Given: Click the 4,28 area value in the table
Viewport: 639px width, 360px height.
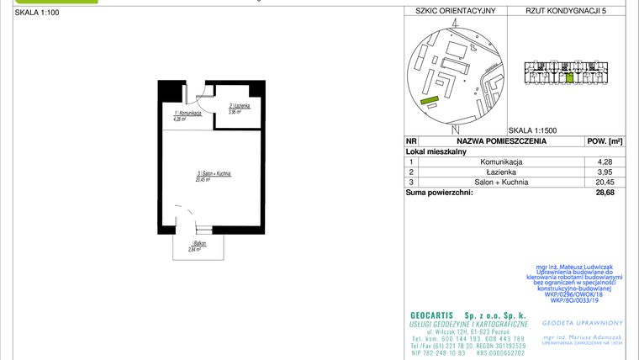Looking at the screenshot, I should pyautogui.click(x=605, y=161).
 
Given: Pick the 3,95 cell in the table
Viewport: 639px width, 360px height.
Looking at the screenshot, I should pyautogui.click(x=605, y=172).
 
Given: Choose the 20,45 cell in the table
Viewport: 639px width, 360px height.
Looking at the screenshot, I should pyautogui.click(x=605, y=182).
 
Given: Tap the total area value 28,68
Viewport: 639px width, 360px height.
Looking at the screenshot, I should pyautogui.click(x=605, y=193).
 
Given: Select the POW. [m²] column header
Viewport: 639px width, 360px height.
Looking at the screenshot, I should pyautogui.click(x=604, y=141).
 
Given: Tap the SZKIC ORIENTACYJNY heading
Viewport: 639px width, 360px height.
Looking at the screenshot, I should pyautogui.click(x=451, y=11).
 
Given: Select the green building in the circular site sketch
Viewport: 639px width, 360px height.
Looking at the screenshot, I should pyautogui.click(x=430, y=101).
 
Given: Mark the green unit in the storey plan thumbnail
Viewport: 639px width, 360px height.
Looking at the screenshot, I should pyautogui.click(x=569, y=78).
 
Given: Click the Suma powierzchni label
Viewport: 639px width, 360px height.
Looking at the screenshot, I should pyautogui.click(x=439, y=193).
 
